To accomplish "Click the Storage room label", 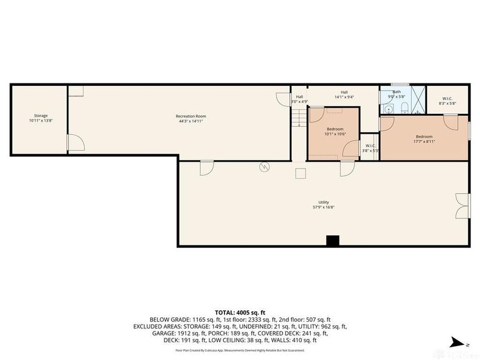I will (40, 115).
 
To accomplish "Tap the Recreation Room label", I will (191, 115).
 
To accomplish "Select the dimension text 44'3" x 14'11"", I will (191, 121).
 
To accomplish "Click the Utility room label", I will (324, 202).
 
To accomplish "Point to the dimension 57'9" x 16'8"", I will (324, 208).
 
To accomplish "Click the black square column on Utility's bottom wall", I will (332, 241).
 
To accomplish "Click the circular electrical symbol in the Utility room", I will (262, 169).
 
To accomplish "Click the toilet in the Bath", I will (404, 109).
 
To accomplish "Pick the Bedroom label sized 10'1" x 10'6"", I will (335, 129).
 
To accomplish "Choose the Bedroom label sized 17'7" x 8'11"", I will (424, 136).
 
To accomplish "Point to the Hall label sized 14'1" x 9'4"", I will (344, 91).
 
